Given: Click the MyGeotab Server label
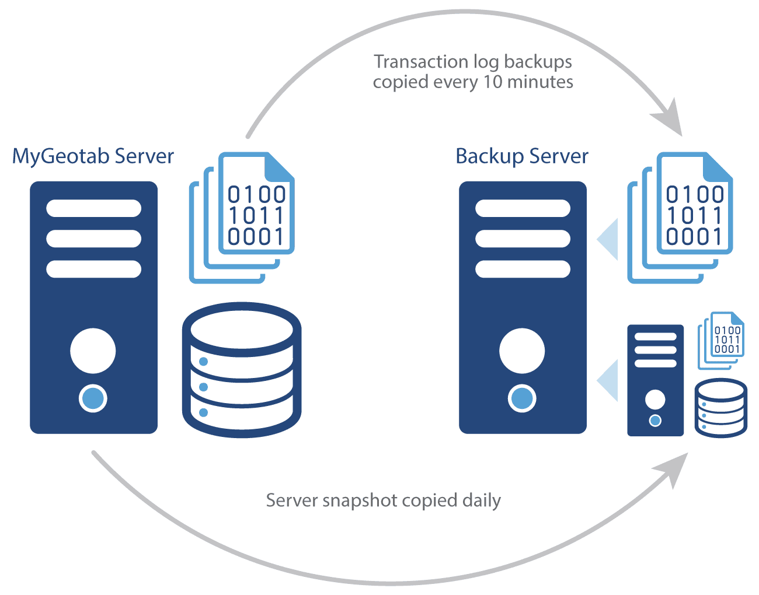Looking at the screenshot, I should tap(93, 156).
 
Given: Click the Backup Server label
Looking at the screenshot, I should tap(521, 156).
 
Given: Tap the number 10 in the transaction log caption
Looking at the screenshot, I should tap(492, 82).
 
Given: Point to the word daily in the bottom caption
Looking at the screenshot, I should tap(481, 501).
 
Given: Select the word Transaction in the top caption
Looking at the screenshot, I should tap(421, 62).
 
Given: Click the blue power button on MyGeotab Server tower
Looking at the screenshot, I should tap(93, 398).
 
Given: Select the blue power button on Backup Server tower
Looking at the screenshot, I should tap(522, 398).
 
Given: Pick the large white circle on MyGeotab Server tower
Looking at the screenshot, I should tap(93, 351).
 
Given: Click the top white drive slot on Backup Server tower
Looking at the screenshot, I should tap(523, 208).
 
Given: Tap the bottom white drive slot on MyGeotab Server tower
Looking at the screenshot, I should tap(93, 269).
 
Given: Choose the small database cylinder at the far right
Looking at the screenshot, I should tap(721, 408).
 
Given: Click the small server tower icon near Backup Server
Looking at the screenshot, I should tap(655, 380).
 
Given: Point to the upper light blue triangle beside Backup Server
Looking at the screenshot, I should tap(609, 239).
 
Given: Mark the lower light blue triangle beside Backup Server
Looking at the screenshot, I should tap(609, 380).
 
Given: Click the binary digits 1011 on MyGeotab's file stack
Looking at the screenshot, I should tap(256, 215).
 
